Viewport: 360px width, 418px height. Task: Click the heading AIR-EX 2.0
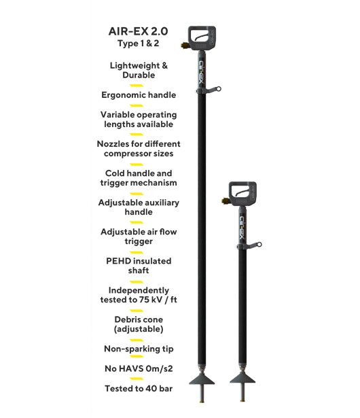pos(138,31)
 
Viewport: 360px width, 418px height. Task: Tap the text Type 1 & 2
pos(139,43)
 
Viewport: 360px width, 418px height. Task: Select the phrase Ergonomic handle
pos(139,95)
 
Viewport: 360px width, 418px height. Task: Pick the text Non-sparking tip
pos(139,349)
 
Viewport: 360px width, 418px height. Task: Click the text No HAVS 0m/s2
pos(139,368)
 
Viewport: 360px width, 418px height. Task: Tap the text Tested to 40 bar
pos(139,388)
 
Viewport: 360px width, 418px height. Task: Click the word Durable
pos(139,75)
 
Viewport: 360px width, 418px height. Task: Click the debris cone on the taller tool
pos(202,379)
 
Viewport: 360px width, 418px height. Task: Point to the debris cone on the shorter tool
pos(242,379)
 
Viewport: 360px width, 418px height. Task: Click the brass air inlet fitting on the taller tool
pos(184,46)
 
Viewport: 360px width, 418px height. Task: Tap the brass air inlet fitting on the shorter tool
pos(225,201)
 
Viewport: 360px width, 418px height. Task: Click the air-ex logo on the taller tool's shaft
pos(202,72)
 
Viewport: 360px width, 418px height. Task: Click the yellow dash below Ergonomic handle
pos(137,105)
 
